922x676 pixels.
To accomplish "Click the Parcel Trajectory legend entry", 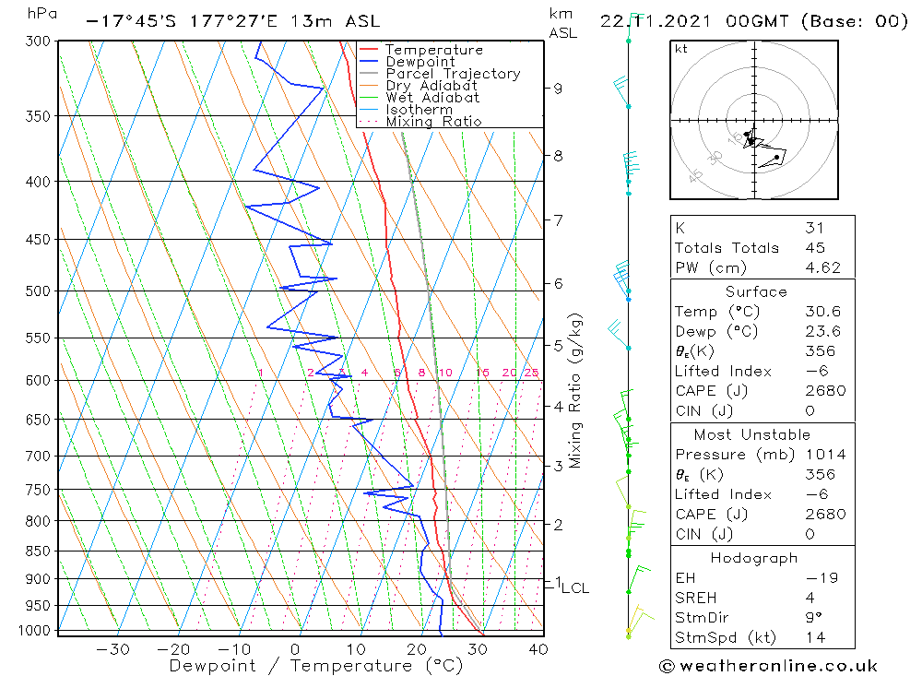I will [x=452, y=74].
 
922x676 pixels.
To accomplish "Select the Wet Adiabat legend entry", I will [x=432, y=98].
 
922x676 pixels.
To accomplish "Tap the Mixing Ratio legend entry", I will [x=433, y=122].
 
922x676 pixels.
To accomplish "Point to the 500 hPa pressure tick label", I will [x=39, y=291].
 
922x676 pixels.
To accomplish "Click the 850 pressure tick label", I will [x=39, y=551].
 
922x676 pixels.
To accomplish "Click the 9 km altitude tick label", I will [x=558, y=89].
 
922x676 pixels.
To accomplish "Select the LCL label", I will [x=574, y=588].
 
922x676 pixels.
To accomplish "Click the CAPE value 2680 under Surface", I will [x=823, y=391].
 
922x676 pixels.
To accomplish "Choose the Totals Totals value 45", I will [x=814, y=248].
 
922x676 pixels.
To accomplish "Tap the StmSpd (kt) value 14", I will [x=814, y=637].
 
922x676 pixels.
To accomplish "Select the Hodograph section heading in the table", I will [x=754, y=559].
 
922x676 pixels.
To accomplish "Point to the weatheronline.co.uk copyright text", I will [x=768, y=666].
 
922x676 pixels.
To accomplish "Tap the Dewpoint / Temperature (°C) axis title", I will [x=316, y=666].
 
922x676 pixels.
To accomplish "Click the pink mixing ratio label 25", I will [x=531, y=373].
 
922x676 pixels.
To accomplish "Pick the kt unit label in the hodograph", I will [x=680, y=49].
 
